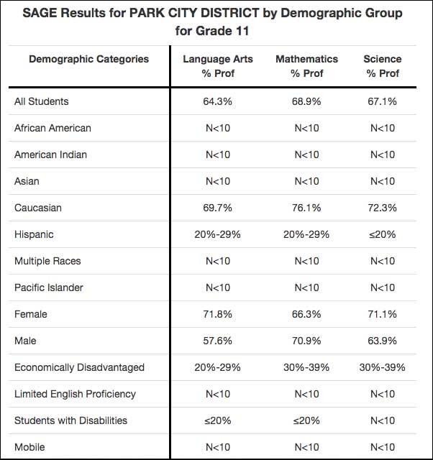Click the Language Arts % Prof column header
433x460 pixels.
click(x=218, y=66)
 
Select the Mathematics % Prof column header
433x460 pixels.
click(x=307, y=66)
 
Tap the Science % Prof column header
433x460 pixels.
click(x=383, y=66)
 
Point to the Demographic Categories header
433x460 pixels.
click(x=88, y=59)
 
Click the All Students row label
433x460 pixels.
click(x=42, y=101)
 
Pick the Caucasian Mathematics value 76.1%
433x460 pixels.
click(x=306, y=208)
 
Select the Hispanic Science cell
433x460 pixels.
click(x=382, y=235)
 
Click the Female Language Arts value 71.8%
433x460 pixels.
click(x=217, y=314)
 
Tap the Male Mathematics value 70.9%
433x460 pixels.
click(x=306, y=341)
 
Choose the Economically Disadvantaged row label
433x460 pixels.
click(x=79, y=367)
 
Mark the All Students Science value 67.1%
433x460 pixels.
click(x=382, y=101)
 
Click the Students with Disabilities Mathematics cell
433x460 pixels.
click(x=306, y=420)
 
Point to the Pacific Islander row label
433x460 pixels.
click(x=49, y=287)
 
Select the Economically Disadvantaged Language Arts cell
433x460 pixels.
click(x=217, y=367)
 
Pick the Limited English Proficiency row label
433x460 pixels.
click(x=75, y=395)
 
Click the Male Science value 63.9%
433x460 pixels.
click(x=382, y=341)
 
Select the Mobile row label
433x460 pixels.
click(x=29, y=447)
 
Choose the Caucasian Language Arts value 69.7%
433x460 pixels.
click(x=217, y=208)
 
